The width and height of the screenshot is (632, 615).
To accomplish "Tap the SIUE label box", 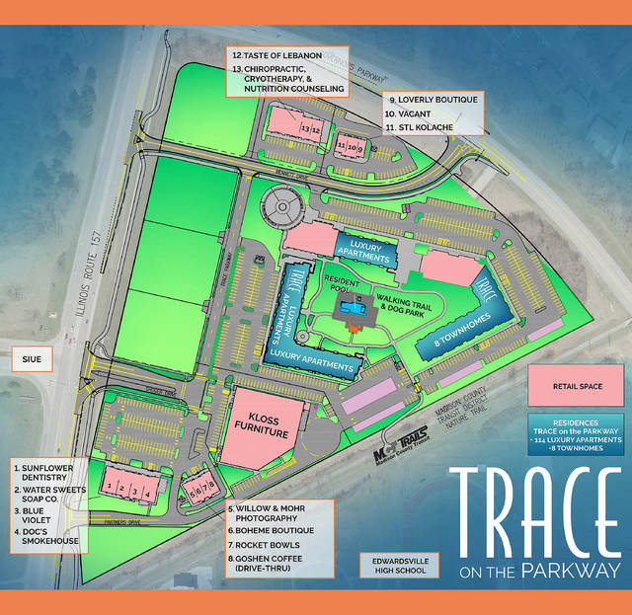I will tap(31, 359).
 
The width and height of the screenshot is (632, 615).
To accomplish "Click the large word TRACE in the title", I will tap(536, 512).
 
